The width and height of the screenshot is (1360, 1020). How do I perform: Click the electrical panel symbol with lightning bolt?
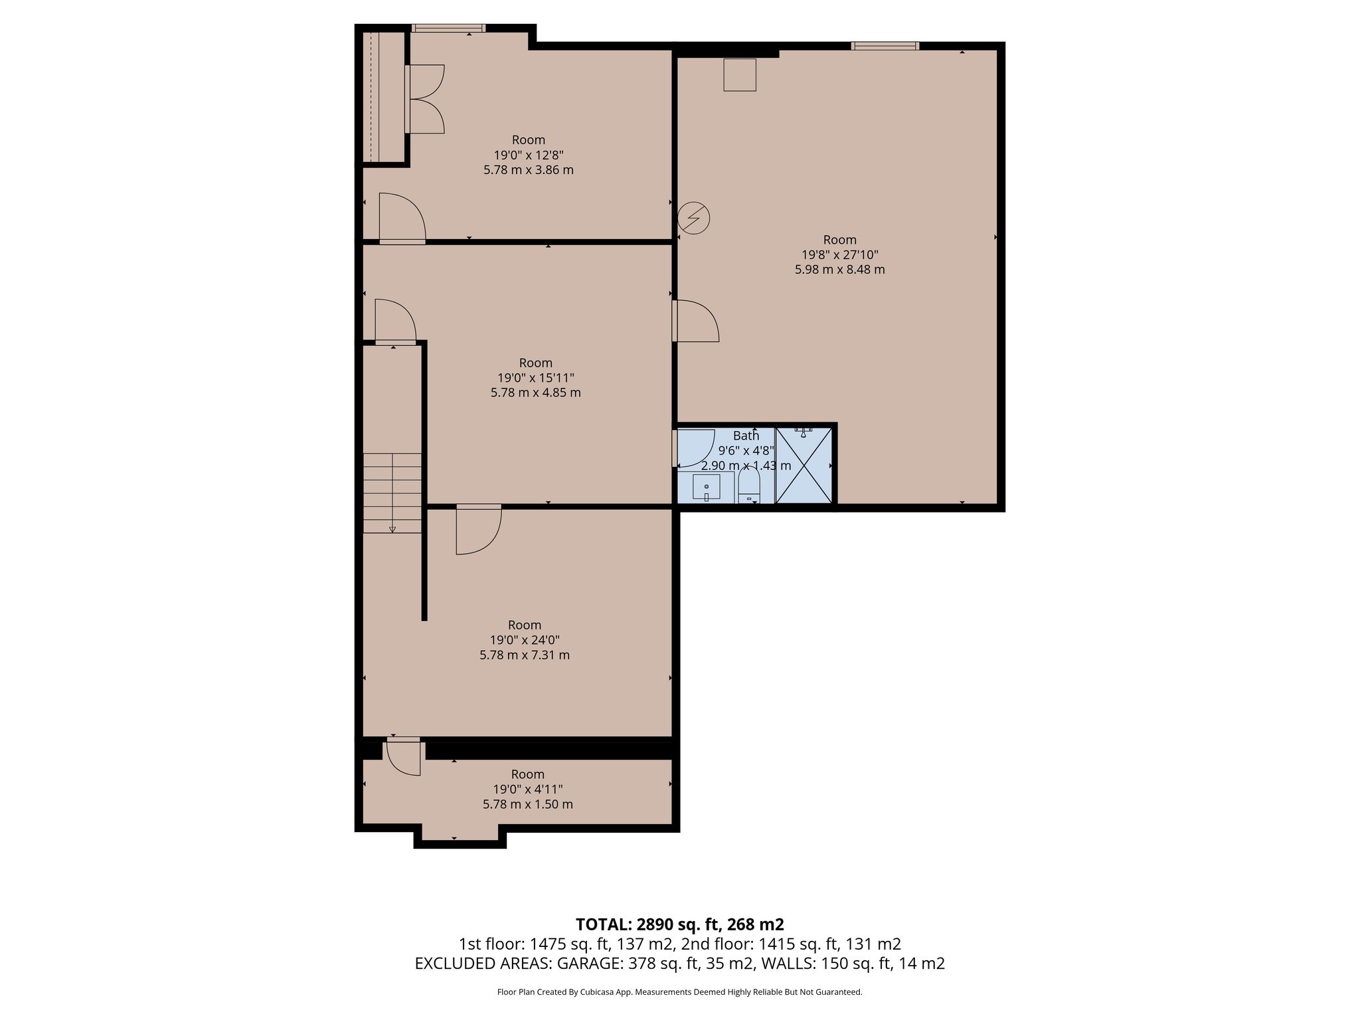[x=694, y=218]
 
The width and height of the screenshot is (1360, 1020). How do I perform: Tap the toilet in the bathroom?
[x=749, y=487]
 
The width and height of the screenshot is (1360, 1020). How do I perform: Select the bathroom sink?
[x=707, y=487]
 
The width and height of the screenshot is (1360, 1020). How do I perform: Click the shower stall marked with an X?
[x=804, y=466]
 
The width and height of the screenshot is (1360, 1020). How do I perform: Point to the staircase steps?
[x=392, y=492]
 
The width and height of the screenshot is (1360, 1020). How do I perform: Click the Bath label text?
[x=746, y=436]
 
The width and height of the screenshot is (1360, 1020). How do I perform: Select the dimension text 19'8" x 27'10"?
[x=840, y=254]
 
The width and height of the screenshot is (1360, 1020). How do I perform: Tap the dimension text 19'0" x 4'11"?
[x=527, y=789]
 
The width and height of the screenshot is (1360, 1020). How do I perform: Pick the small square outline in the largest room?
[x=740, y=74]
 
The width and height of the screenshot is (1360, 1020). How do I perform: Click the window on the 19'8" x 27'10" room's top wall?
[x=885, y=46]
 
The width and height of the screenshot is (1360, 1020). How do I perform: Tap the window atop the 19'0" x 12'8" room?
[x=448, y=28]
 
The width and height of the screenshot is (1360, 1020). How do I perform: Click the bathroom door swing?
[x=695, y=448]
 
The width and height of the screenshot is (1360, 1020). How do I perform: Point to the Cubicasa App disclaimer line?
[x=679, y=992]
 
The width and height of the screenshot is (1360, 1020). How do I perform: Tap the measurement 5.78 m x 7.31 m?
[x=525, y=655]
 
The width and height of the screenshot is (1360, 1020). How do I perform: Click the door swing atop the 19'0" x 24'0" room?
[x=477, y=529]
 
